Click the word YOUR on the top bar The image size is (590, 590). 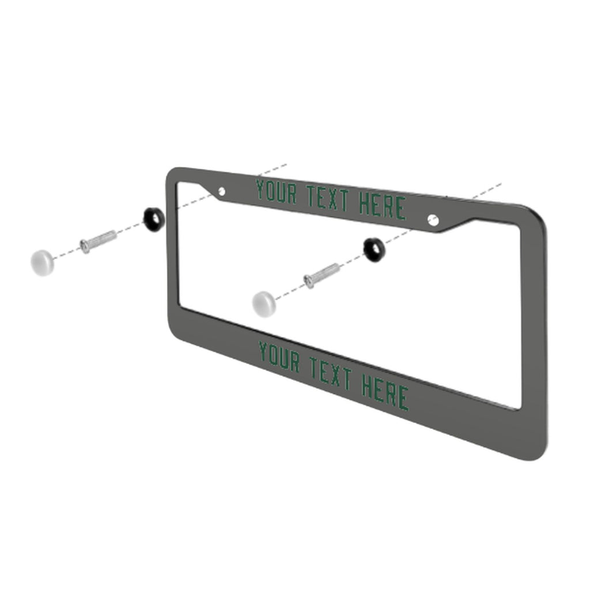click(277, 192)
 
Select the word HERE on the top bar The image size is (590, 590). click(383, 206)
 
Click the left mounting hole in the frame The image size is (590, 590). click(222, 191)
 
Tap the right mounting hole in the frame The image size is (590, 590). click(433, 221)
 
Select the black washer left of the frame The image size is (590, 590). click(153, 219)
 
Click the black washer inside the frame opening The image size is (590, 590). click(374, 249)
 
